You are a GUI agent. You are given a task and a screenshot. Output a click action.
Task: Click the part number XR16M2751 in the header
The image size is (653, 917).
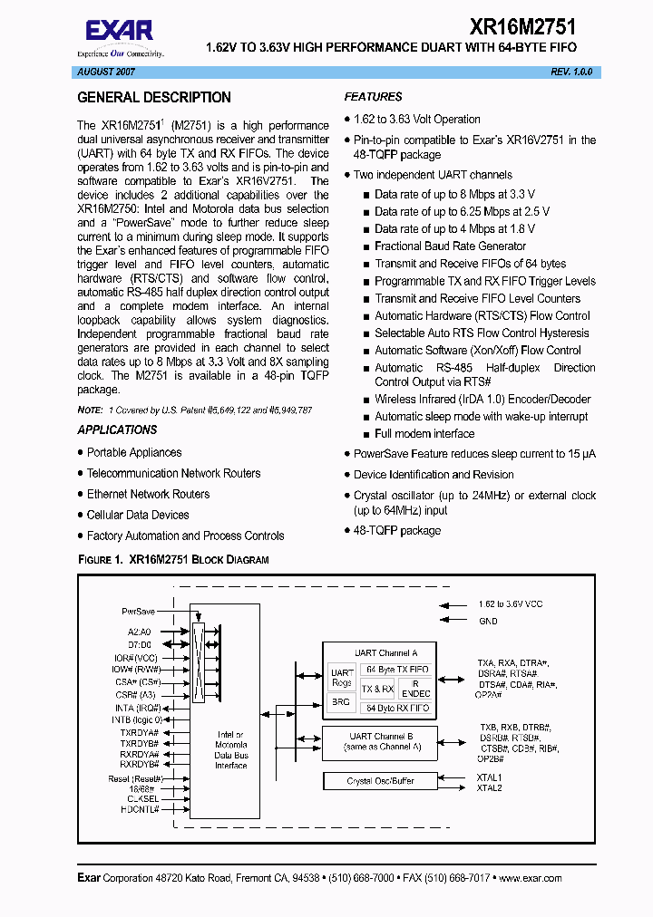521,28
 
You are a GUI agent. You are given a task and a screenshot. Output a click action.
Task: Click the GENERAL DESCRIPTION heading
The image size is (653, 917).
154,98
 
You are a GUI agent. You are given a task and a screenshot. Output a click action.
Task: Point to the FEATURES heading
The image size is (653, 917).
373,97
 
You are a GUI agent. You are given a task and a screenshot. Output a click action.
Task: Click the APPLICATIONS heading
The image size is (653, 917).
117,430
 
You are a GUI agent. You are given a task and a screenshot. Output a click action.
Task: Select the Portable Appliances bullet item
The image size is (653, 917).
134,452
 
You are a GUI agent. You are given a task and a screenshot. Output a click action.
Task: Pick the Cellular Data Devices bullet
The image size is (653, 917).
138,515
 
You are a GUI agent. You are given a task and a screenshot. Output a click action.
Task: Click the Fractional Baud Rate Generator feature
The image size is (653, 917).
450,246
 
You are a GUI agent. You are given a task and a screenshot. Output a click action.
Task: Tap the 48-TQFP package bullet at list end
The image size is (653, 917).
396,530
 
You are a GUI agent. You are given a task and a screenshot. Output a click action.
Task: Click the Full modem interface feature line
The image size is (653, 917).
424,434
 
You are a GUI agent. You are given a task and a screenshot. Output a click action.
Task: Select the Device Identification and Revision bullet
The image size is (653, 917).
434,475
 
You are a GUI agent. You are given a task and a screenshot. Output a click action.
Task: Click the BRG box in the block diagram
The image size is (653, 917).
341,701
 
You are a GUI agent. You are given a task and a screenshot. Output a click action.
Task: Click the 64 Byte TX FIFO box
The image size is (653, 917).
396,669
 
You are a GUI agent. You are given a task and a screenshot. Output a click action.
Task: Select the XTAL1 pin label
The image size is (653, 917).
490,777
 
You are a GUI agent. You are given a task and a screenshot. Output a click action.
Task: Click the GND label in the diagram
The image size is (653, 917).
488,622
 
